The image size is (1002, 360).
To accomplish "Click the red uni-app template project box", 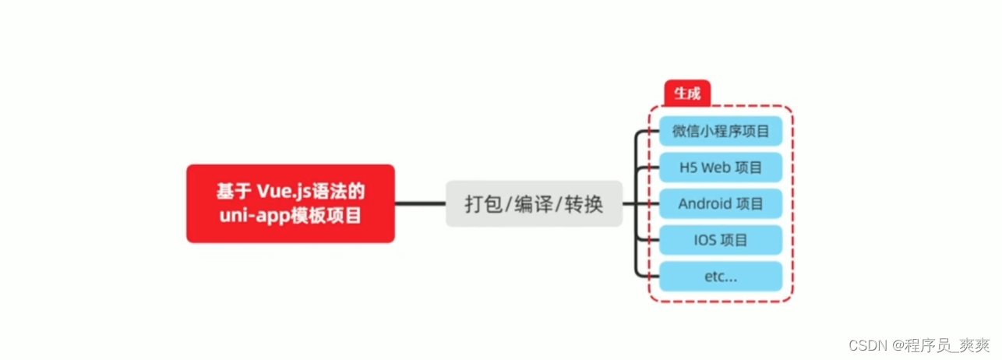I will point(290,203).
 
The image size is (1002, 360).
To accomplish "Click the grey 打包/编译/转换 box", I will point(534,204).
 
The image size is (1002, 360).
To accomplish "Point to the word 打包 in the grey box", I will point(482,204).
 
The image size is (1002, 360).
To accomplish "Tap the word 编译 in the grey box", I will point(534,204).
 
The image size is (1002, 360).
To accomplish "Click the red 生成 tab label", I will point(686,94).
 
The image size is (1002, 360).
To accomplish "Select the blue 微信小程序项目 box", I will point(720,131).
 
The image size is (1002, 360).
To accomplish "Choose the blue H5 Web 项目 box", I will point(720,168).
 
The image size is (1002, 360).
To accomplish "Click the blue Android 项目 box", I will point(720,204).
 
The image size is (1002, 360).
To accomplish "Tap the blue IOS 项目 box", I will point(720,240).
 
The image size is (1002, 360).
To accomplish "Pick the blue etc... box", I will point(720,277).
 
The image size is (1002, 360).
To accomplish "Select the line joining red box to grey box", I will point(420,204).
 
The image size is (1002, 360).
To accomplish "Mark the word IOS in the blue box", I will point(705,240).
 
